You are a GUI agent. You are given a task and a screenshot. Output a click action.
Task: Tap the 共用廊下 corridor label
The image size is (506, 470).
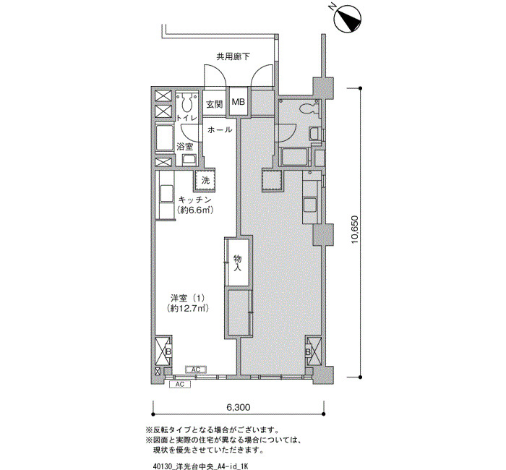click(232, 56)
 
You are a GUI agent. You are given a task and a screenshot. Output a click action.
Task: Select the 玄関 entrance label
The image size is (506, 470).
click(215, 104)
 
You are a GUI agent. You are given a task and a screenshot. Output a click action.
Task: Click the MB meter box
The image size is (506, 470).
click(238, 103)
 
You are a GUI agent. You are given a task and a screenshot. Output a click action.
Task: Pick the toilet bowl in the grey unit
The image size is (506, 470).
click(307, 108)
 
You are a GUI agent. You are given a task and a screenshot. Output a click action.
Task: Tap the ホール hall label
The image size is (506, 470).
click(220, 129)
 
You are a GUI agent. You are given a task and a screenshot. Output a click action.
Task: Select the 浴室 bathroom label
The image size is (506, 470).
click(185, 147)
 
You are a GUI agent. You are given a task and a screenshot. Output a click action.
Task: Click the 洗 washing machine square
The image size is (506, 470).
click(205, 180)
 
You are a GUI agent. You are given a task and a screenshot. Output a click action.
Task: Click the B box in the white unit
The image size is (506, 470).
click(163, 352)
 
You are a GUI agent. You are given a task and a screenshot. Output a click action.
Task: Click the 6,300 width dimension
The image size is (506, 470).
click(236, 406)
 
